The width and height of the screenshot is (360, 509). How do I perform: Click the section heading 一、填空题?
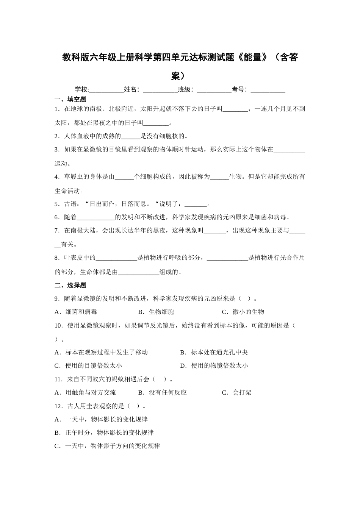70,100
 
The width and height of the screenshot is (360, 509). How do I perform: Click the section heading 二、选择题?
70,285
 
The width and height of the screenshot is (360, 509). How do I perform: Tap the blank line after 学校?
106,90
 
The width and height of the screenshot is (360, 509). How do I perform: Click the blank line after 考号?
268,90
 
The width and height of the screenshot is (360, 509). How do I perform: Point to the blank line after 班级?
214,90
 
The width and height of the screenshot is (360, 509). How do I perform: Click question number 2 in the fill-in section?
57,136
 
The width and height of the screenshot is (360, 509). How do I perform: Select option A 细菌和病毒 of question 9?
76,312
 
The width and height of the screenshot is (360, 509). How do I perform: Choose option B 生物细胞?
157,312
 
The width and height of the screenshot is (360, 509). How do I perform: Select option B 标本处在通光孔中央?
214,353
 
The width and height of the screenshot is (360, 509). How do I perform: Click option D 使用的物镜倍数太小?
214,366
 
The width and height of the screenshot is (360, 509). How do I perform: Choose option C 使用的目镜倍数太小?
89,366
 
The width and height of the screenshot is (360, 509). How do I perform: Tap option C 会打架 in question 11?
237,393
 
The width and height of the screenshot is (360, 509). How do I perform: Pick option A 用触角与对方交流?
86,393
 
